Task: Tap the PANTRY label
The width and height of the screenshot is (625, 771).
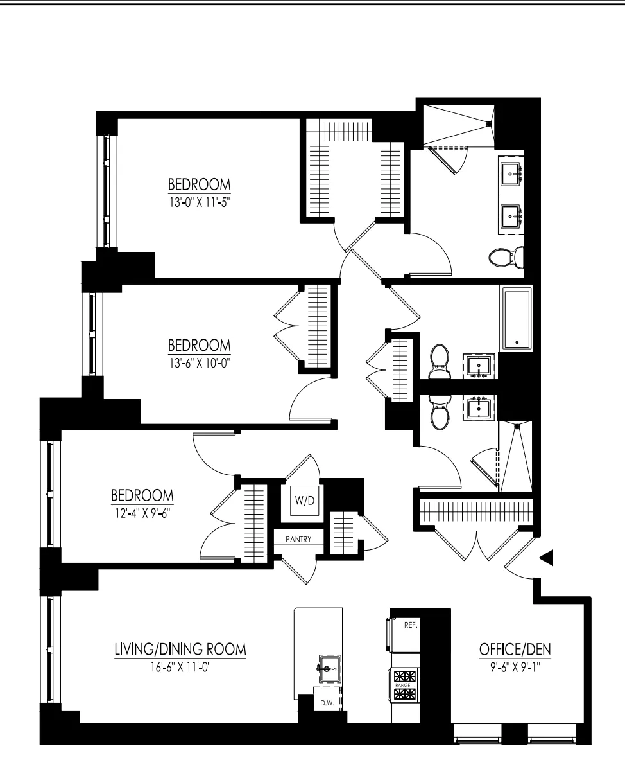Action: click(298, 540)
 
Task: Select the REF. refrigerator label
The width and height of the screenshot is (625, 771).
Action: click(410, 625)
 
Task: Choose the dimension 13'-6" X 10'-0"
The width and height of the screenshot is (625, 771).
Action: click(198, 362)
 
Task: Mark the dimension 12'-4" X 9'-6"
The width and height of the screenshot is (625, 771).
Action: click(142, 514)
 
